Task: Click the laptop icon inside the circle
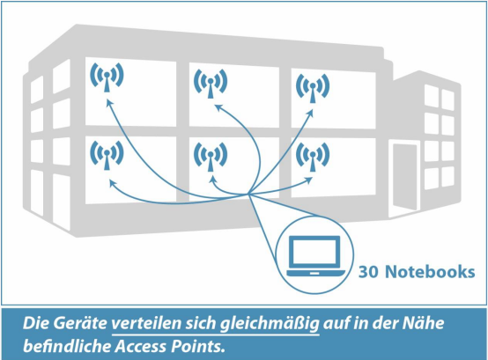click(x=315, y=256)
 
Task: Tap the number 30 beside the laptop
click(x=368, y=271)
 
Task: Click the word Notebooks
click(x=430, y=271)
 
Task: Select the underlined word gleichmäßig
click(x=270, y=324)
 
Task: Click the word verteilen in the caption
click(x=146, y=323)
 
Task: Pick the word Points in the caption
click(x=198, y=346)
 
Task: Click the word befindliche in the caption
click(x=67, y=346)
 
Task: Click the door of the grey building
click(x=404, y=177)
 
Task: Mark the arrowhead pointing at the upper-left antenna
click(x=109, y=103)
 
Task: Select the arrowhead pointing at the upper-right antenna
click(x=310, y=113)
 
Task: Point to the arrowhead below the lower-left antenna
click(x=112, y=183)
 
